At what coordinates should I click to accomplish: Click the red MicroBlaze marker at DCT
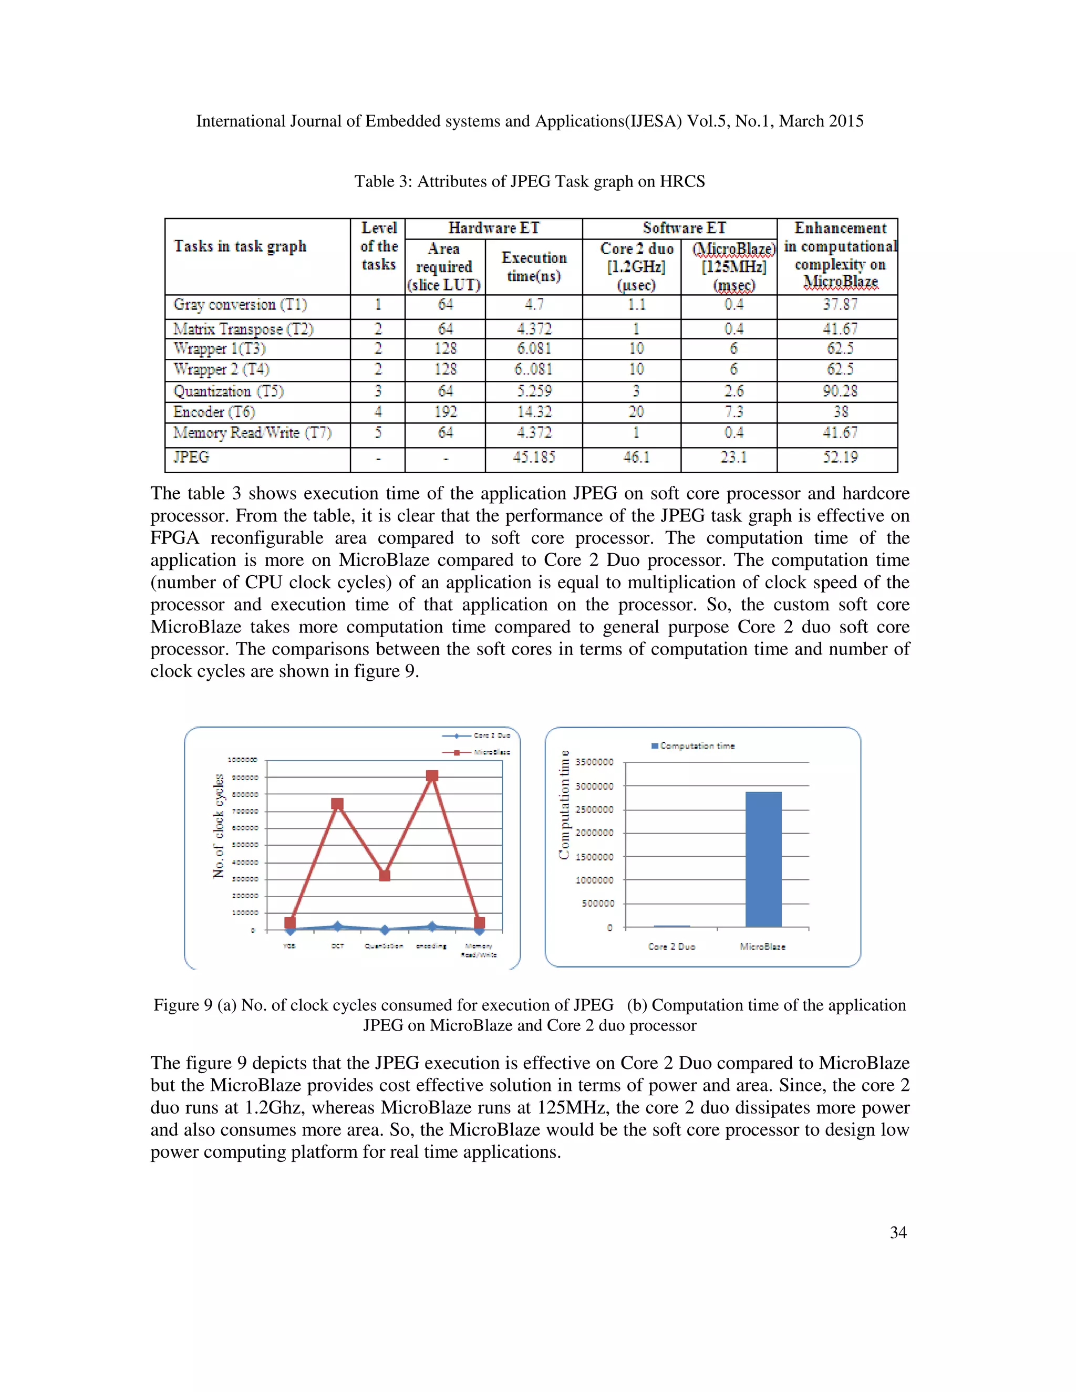337,804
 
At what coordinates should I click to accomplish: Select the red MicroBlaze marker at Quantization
385,876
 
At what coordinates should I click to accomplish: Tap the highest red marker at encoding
432,776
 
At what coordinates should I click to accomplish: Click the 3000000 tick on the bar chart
594,786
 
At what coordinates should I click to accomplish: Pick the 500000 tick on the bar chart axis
598,903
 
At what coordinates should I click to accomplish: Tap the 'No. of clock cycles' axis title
219,826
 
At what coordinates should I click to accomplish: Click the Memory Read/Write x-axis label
479,950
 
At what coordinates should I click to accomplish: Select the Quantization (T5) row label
228,391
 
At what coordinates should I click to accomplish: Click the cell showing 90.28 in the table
840,391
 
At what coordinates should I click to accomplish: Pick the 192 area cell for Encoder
445,412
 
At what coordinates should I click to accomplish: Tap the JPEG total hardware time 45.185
534,458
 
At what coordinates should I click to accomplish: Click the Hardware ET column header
493,228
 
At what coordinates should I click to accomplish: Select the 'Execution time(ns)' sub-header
534,266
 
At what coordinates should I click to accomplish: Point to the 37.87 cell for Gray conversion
840,305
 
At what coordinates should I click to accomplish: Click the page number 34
897,1233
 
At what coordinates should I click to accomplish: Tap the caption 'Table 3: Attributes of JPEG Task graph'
529,182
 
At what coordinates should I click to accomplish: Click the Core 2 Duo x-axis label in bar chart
671,947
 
